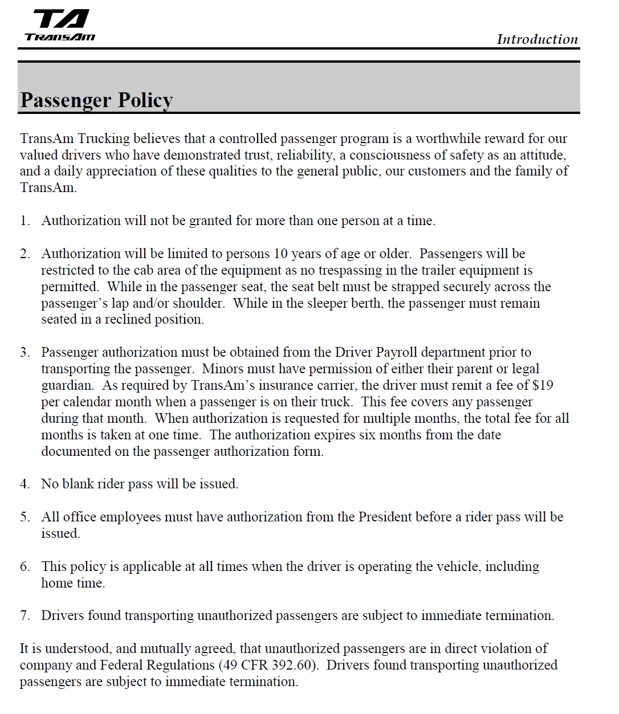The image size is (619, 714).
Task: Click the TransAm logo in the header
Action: [x=60, y=26]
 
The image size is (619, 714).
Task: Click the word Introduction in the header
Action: [x=537, y=39]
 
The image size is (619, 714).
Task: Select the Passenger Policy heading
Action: [x=96, y=100]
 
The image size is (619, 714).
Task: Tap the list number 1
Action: [x=25, y=221]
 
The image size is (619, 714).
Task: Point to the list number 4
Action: [x=25, y=484]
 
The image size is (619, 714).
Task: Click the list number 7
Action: [x=25, y=616]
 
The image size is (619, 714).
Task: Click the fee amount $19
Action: [x=543, y=385]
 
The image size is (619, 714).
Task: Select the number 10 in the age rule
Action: [x=281, y=254]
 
